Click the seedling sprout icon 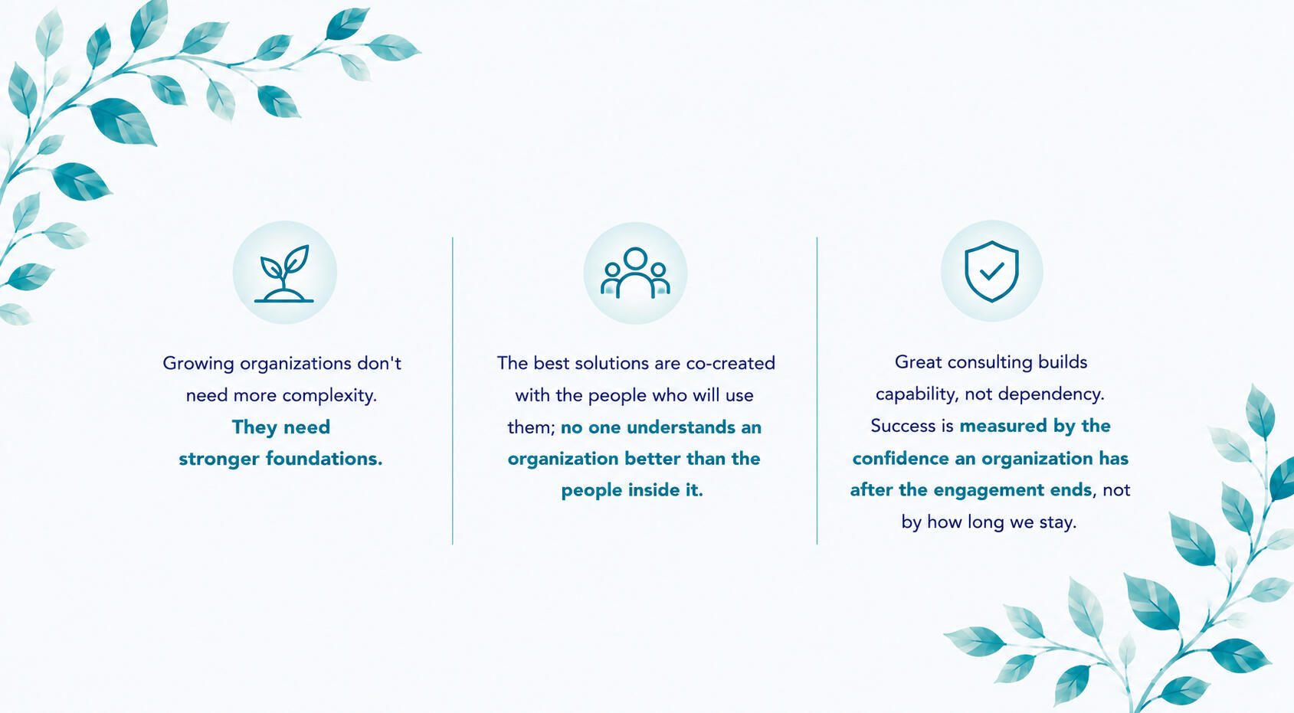coord(284,273)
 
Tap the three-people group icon coord(635,273)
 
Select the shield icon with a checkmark coord(991,271)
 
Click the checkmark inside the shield coord(992,271)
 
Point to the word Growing coord(198,364)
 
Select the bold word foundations coord(324,459)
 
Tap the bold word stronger coord(219,460)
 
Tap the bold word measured coord(1004,426)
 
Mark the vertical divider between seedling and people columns coord(452,391)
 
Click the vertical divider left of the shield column coord(817,391)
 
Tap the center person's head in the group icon coord(635,258)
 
